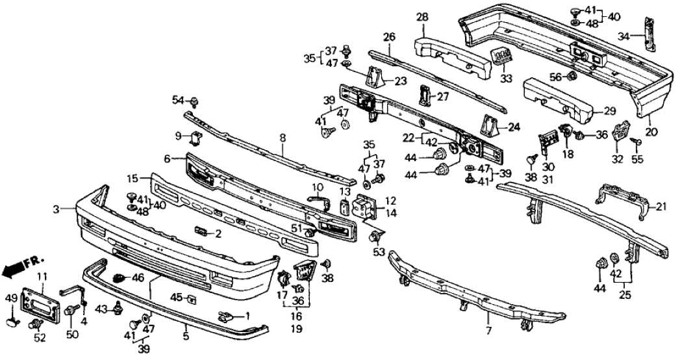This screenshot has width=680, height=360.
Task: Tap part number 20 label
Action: click(x=652, y=131)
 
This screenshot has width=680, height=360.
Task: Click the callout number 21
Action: click(x=662, y=207)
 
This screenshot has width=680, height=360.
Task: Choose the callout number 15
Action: click(x=132, y=177)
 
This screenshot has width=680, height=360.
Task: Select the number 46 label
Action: click(x=138, y=277)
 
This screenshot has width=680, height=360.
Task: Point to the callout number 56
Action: click(x=555, y=77)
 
